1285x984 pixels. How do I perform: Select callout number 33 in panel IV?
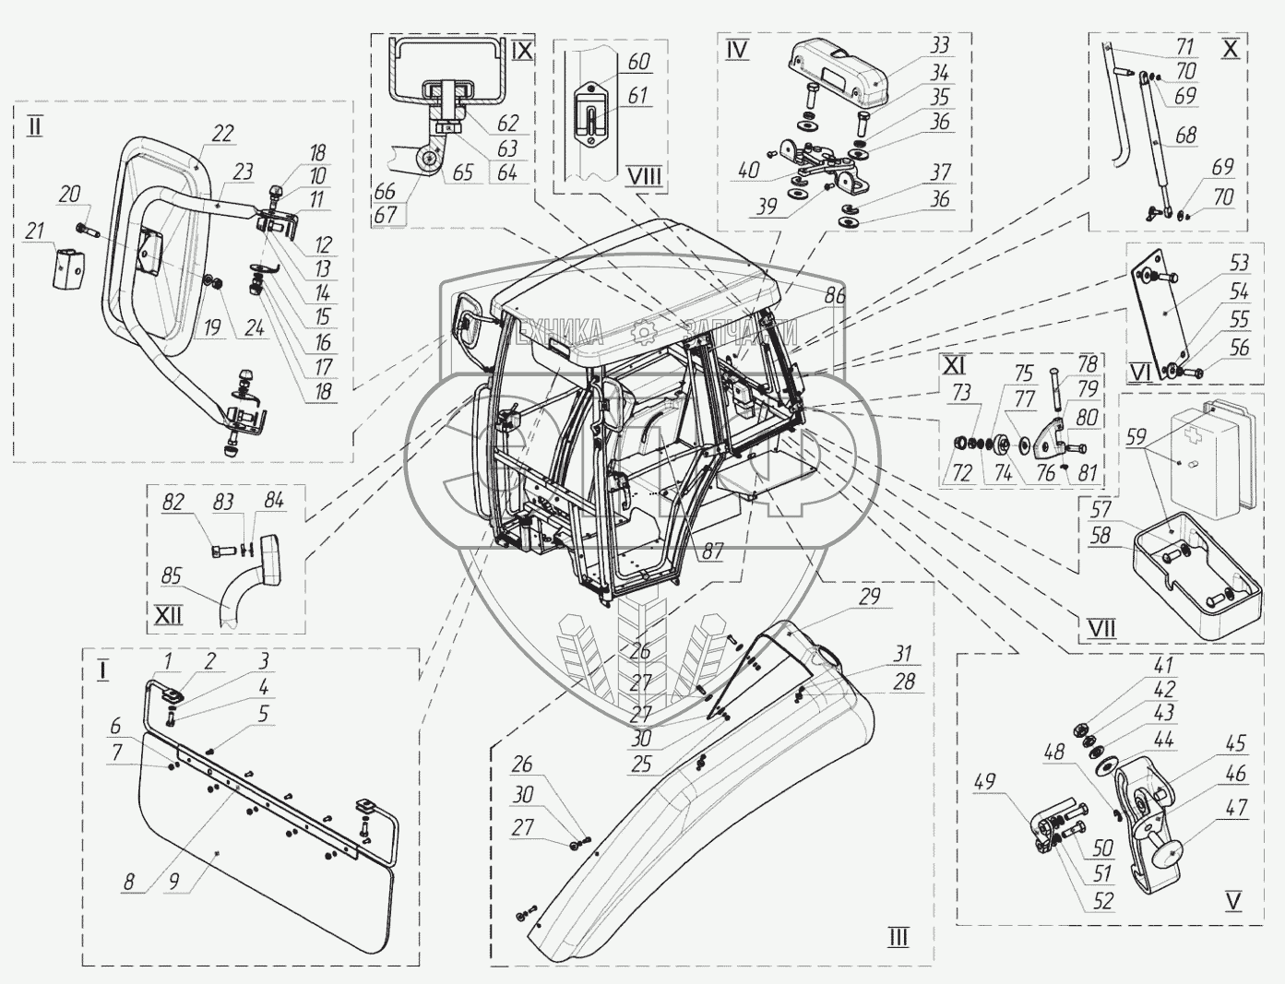click(x=940, y=45)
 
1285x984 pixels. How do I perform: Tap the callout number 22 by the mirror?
click(x=223, y=134)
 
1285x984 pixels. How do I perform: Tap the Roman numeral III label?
click(x=898, y=939)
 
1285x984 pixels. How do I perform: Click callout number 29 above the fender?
click(x=869, y=597)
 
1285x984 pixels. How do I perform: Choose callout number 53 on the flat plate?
click(x=1239, y=264)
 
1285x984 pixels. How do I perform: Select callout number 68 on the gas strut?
click(x=1185, y=136)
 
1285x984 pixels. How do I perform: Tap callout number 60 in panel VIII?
click(x=638, y=63)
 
